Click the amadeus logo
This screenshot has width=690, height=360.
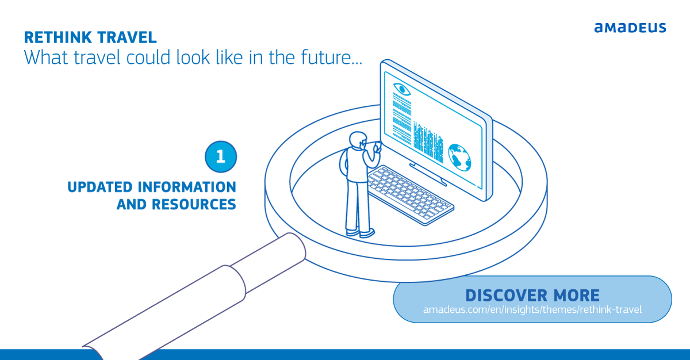coord(630,27)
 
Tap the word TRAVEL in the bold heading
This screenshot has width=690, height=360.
coord(128,38)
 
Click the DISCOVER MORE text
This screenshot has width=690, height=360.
coord(532,296)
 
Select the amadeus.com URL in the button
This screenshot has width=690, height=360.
coord(532,310)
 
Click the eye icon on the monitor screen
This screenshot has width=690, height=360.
coord(401,89)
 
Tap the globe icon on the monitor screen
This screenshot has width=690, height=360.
coord(460,156)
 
